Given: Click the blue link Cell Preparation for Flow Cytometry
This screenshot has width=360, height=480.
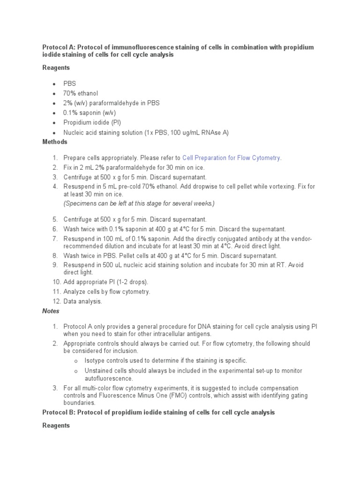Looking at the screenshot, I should pyautogui.click(x=232, y=158).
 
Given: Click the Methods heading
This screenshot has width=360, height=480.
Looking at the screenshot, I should pyautogui.click(x=55, y=142).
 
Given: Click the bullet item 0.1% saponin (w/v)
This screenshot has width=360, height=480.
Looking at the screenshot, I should pyautogui.click(x=90, y=112).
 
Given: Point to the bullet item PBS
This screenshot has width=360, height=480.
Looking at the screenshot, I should pyautogui.click(x=70, y=83).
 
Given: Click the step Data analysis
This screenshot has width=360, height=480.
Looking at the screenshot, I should pyautogui.click(x=82, y=301).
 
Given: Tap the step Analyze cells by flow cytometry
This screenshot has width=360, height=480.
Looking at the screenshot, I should pyautogui.click(x=107, y=292).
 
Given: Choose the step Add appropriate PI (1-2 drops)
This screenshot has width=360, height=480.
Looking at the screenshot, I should pyautogui.click(x=105, y=282).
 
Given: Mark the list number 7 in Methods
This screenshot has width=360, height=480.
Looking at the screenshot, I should pyautogui.click(x=54, y=239).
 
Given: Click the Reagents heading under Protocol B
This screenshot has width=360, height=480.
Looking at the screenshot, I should pyautogui.click(x=56, y=425).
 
